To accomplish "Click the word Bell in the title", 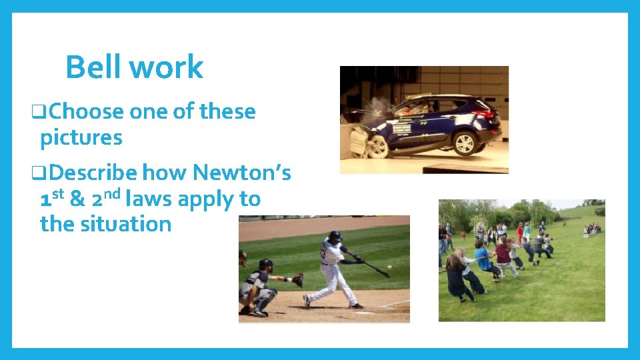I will coord(93,67).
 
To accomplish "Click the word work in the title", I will coord(167,67).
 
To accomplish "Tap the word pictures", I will coord(81,138).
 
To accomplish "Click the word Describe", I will coord(93,173).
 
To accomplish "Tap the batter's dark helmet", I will coord(335,235).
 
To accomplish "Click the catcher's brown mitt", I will coord(297,279).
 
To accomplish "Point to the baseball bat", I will coord(376,269).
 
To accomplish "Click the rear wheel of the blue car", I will coord(464,142).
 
